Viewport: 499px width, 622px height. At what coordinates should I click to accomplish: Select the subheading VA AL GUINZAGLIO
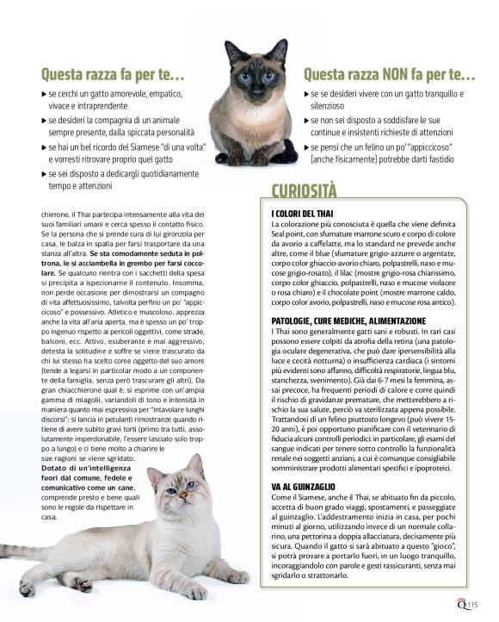[300, 487]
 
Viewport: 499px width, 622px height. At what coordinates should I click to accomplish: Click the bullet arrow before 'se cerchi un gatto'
[44, 93]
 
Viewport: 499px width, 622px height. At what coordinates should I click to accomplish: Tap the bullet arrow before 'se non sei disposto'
[307, 121]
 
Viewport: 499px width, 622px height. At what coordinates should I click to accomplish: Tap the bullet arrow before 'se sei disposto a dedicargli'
[44, 174]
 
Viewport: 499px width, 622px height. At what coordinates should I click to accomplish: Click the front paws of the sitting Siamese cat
[254, 157]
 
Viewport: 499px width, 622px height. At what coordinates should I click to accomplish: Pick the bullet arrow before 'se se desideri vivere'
[307, 93]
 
